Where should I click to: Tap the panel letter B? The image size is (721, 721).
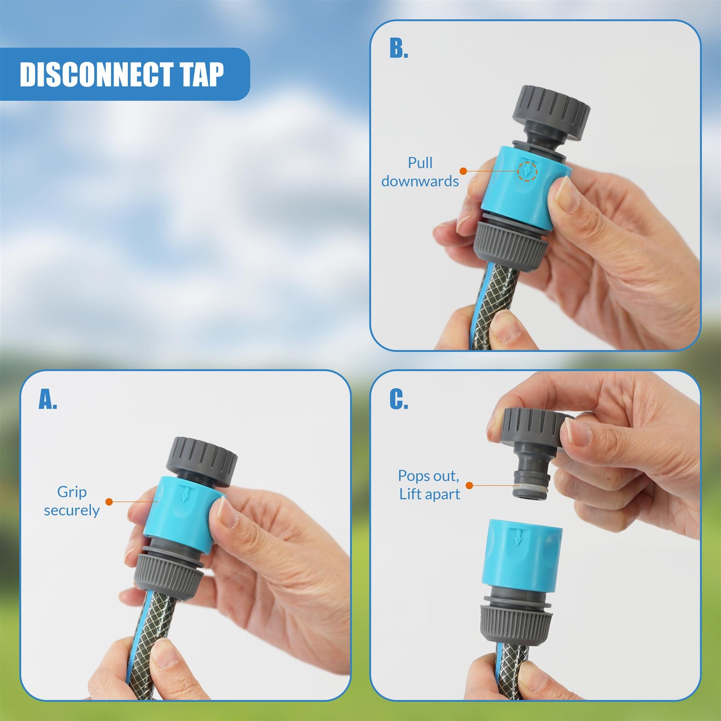tap(399, 49)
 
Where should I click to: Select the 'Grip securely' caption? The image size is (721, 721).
tap(72, 501)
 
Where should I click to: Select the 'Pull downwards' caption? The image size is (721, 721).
tap(420, 172)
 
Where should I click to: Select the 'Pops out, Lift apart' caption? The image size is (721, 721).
tap(429, 485)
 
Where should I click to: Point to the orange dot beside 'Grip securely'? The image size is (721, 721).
tap(109, 501)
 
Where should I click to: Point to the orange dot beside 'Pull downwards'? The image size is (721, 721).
tap(463, 171)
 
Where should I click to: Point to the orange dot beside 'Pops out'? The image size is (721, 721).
tap(469, 485)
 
